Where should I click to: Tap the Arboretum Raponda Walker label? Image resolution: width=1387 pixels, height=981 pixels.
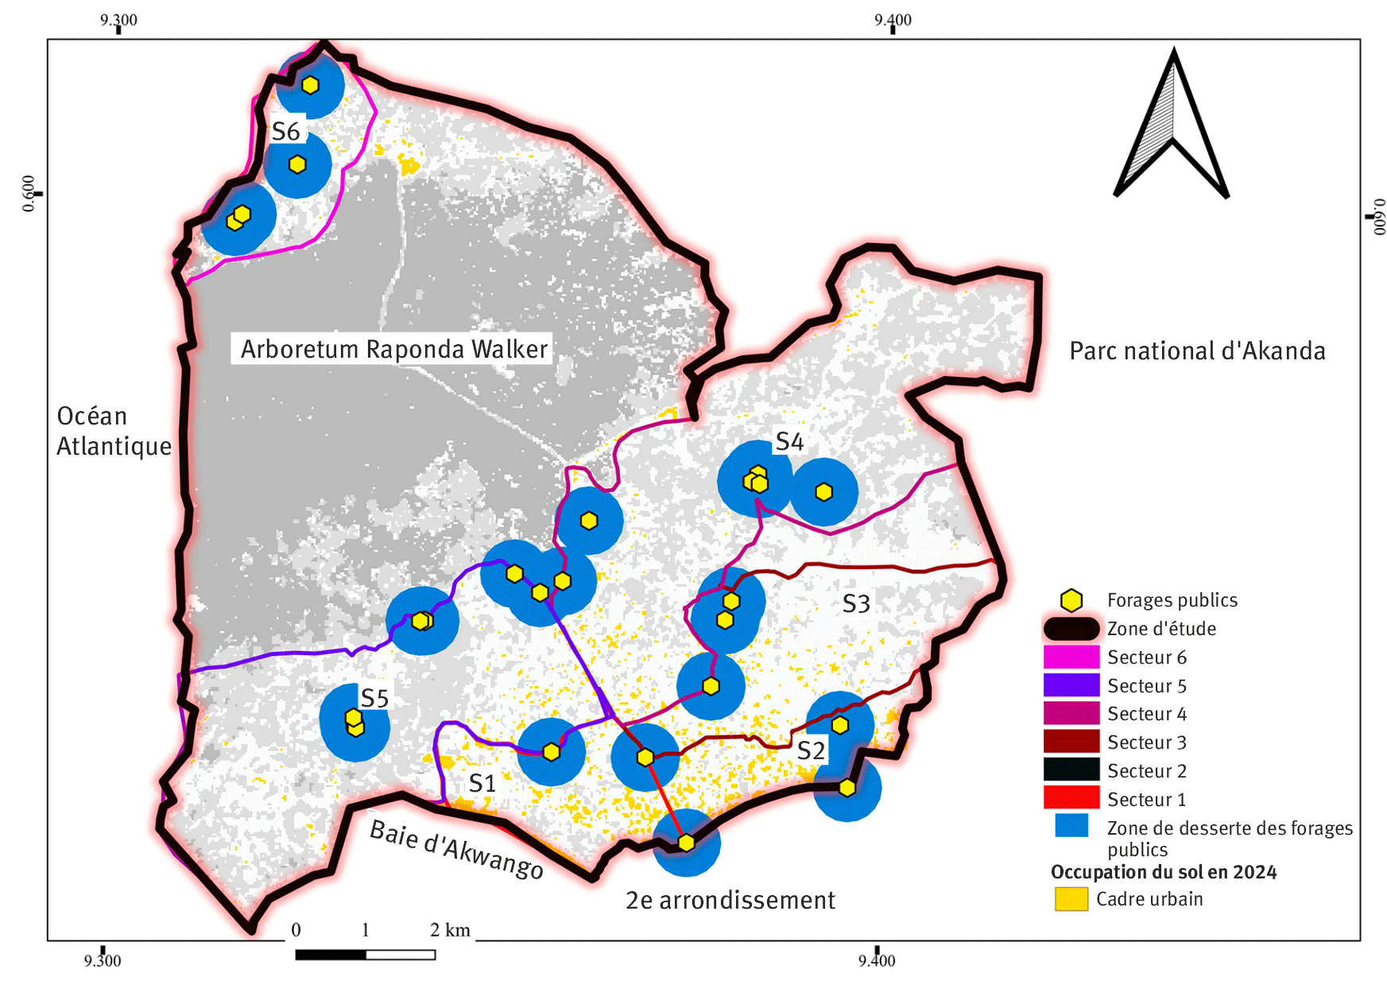point(394,349)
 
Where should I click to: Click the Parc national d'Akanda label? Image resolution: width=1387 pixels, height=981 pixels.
point(1196,351)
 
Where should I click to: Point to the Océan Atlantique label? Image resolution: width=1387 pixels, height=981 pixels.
point(114,431)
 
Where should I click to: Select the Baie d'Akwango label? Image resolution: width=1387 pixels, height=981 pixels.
point(457,850)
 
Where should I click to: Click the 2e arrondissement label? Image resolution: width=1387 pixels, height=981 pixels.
point(730,900)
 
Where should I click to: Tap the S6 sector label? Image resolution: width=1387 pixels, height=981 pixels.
point(286,131)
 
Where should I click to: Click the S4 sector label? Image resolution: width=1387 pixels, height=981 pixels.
point(789,442)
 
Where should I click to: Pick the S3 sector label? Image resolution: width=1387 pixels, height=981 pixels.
point(856,604)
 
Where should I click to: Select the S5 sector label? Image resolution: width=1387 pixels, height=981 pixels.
point(374,698)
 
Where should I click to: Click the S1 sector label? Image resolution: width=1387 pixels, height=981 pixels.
point(482,783)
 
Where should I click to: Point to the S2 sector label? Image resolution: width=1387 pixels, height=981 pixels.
point(811,750)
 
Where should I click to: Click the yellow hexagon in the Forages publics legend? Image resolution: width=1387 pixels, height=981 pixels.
point(1071,600)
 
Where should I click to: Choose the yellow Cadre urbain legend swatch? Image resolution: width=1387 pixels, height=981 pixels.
point(1071,899)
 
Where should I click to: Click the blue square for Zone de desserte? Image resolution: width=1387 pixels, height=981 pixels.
point(1071,825)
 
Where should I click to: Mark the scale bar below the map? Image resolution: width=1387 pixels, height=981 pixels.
point(365,955)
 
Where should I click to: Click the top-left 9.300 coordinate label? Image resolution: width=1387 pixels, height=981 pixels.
point(118,20)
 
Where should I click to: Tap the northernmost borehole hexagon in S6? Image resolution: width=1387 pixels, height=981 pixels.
point(310,85)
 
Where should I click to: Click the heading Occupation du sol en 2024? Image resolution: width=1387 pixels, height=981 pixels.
point(1163,872)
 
